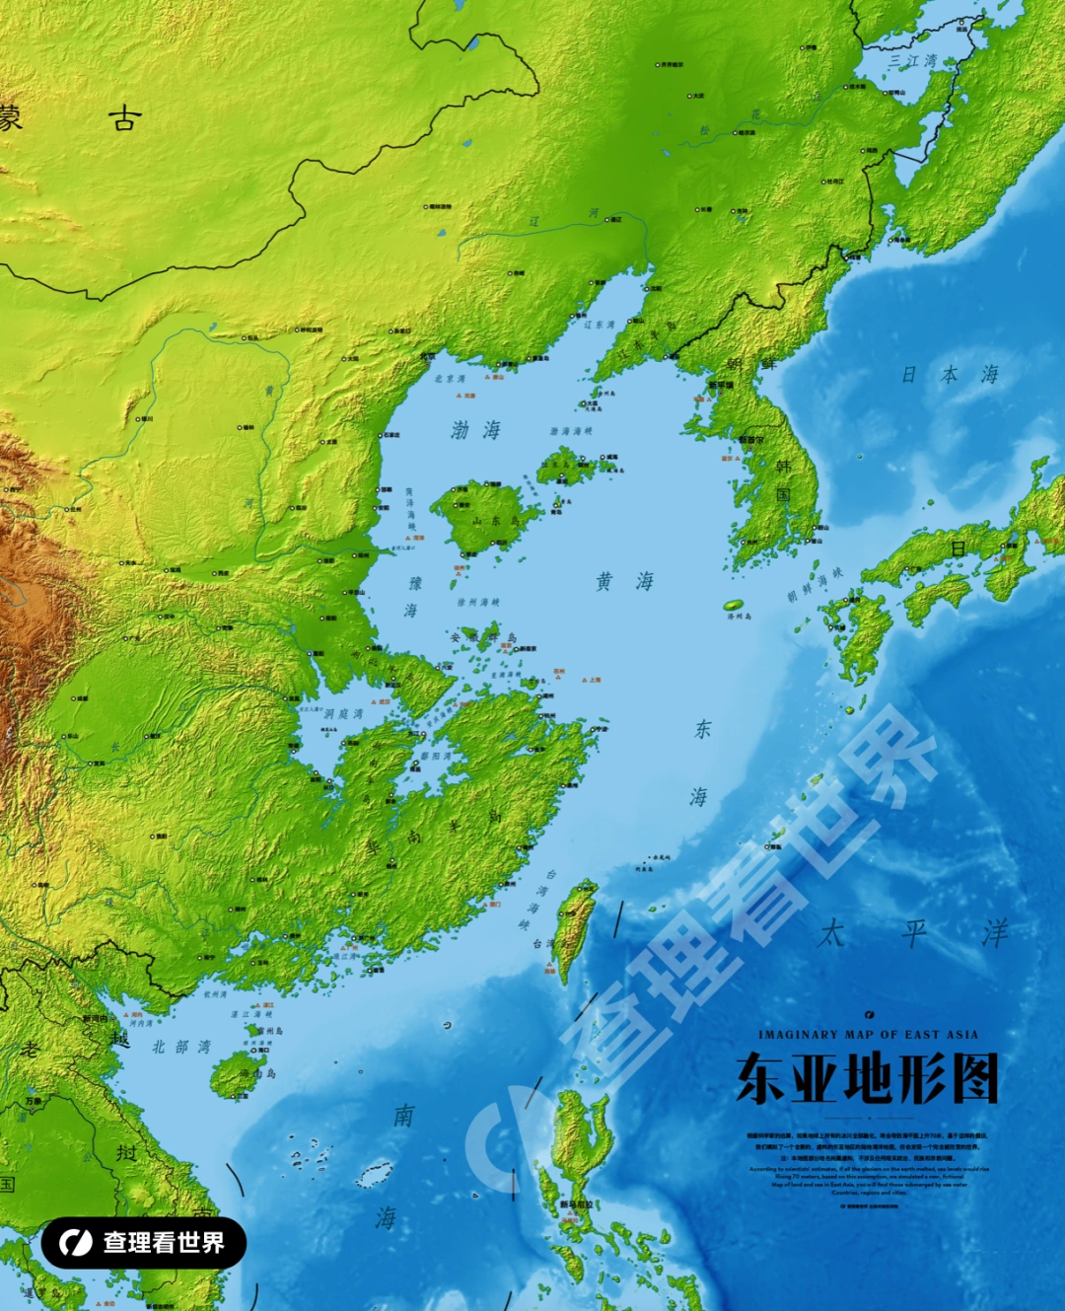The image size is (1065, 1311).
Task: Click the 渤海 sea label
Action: tap(476, 430)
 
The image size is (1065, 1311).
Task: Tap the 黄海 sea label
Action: tap(624, 581)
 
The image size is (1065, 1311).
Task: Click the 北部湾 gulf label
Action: tap(180, 1047)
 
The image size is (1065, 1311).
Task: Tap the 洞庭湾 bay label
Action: tap(343, 713)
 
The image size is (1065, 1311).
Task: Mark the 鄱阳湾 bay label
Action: tap(436, 757)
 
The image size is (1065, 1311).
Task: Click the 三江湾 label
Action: tap(912, 60)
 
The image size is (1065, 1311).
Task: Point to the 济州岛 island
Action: tap(735, 606)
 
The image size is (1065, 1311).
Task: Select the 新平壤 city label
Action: tap(721, 386)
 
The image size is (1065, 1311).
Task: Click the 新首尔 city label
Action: tap(751, 440)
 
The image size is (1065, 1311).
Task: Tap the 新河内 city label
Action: tap(95, 1018)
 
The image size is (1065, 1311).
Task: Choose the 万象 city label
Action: tap(34, 1101)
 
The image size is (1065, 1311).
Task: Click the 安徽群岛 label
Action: tap(483, 638)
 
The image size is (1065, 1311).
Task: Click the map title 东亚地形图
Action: tap(868, 1078)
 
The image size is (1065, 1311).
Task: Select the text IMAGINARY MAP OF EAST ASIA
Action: tap(868, 1035)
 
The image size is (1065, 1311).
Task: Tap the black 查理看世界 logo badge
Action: tap(143, 1243)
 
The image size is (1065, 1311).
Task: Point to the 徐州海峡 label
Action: tap(478, 602)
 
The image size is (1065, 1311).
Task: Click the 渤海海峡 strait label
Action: tap(571, 431)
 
